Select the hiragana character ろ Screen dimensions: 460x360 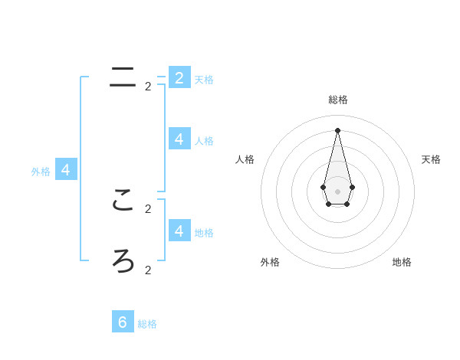123,261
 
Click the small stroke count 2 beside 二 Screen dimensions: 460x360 148,87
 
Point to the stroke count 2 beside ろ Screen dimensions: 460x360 148,270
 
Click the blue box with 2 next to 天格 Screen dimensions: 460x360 179,77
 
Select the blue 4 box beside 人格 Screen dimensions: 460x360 179,139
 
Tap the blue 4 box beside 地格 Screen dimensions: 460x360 179,231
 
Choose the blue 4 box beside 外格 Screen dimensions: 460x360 65,170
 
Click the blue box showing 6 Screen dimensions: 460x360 123,322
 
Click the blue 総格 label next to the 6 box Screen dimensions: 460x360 147,324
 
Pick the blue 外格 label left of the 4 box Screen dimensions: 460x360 41,172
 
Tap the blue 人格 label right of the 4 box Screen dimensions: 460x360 204,141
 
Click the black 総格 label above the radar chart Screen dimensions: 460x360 338,100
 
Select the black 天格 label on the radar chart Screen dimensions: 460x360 431,159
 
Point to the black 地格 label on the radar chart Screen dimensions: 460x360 402,262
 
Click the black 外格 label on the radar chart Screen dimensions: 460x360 270,262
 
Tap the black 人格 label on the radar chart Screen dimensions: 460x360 245,159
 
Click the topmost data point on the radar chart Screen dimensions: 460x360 337,129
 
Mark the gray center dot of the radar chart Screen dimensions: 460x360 337,191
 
